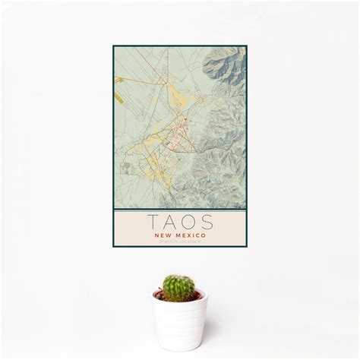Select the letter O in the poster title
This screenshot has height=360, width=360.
click(x=190, y=223)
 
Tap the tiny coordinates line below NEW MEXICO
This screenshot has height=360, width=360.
click(x=180, y=241)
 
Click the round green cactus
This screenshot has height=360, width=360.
click(x=178, y=287)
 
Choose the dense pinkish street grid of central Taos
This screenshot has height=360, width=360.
click(x=179, y=139)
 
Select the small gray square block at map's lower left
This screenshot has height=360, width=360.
click(x=127, y=167)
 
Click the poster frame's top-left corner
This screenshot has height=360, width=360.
click(x=114, y=46)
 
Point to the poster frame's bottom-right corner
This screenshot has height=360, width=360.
click(x=247, y=247)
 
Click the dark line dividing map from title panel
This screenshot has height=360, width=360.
click(x=180, y=210)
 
